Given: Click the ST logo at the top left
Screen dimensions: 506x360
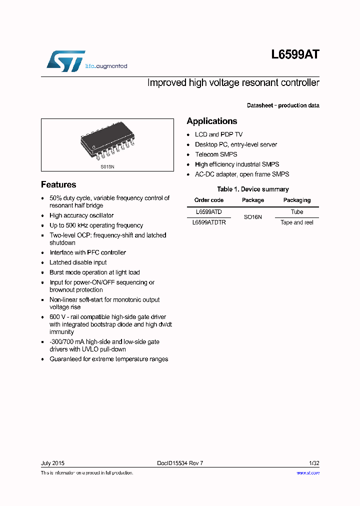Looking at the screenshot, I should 66,61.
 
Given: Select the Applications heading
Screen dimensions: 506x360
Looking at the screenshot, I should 212,121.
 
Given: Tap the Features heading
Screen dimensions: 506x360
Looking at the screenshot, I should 58,184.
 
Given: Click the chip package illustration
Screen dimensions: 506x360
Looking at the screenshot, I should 107,142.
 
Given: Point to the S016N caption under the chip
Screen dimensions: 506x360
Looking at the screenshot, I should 107,166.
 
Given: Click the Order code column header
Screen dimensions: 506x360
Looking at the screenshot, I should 209,200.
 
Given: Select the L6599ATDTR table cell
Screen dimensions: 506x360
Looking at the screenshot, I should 209,222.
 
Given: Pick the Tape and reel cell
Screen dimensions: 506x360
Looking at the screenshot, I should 297,222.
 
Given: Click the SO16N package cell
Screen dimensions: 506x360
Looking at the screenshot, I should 253,217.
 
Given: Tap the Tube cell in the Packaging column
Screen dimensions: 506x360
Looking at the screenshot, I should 297,212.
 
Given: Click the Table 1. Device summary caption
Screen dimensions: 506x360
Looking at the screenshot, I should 253,189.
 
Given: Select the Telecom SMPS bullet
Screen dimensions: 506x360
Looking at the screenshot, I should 216,154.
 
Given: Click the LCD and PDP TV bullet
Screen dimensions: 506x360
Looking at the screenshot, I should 218,134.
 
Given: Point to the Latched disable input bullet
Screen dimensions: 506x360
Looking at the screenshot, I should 78,262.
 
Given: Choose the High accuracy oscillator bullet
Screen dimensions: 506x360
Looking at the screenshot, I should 81,215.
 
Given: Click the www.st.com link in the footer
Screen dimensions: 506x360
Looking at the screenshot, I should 308,472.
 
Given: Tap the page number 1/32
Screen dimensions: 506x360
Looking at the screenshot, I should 313,463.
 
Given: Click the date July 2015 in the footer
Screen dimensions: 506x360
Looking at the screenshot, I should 52,463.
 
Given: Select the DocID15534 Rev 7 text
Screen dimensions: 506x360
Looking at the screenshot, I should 180,463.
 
